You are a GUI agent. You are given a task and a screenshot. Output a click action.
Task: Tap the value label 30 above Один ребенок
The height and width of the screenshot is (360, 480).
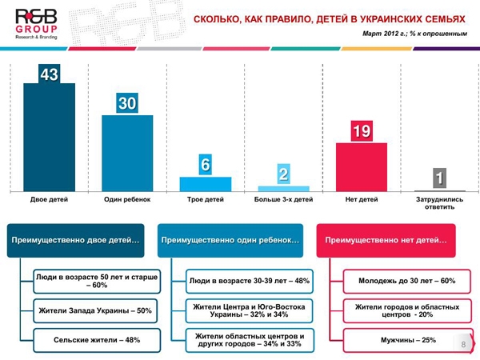click(127, 103)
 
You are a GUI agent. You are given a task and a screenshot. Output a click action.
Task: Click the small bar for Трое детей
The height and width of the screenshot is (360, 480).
click(206, 183)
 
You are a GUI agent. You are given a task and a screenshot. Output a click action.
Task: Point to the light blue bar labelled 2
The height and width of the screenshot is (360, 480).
click(283, 187)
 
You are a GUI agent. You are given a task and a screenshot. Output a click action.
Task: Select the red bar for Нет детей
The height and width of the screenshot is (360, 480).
click(361, 166)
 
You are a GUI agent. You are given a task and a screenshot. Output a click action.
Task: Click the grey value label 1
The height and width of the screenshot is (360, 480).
click(438, 178)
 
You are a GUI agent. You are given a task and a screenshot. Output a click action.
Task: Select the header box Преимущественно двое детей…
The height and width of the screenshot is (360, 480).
click(75, 240)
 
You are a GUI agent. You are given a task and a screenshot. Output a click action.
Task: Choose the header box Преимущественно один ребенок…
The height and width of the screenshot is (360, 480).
click(231, 240)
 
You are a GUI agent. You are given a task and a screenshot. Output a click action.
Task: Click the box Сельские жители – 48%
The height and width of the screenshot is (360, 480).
click(89, 340)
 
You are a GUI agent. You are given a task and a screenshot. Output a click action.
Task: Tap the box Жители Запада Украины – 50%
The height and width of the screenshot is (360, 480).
click(94, 310)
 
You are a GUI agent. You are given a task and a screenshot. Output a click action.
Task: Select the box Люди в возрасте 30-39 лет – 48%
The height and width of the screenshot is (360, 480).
click(249, 282)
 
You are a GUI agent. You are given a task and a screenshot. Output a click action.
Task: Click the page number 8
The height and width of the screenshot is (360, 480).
click(463, 344)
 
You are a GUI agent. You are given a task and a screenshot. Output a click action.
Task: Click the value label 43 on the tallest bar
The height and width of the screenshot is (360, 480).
click(49, 74)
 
